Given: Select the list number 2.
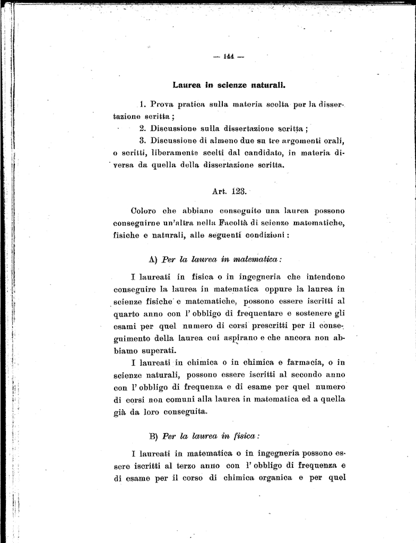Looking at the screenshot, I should point(142,128).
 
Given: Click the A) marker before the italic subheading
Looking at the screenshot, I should point(153,259).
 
